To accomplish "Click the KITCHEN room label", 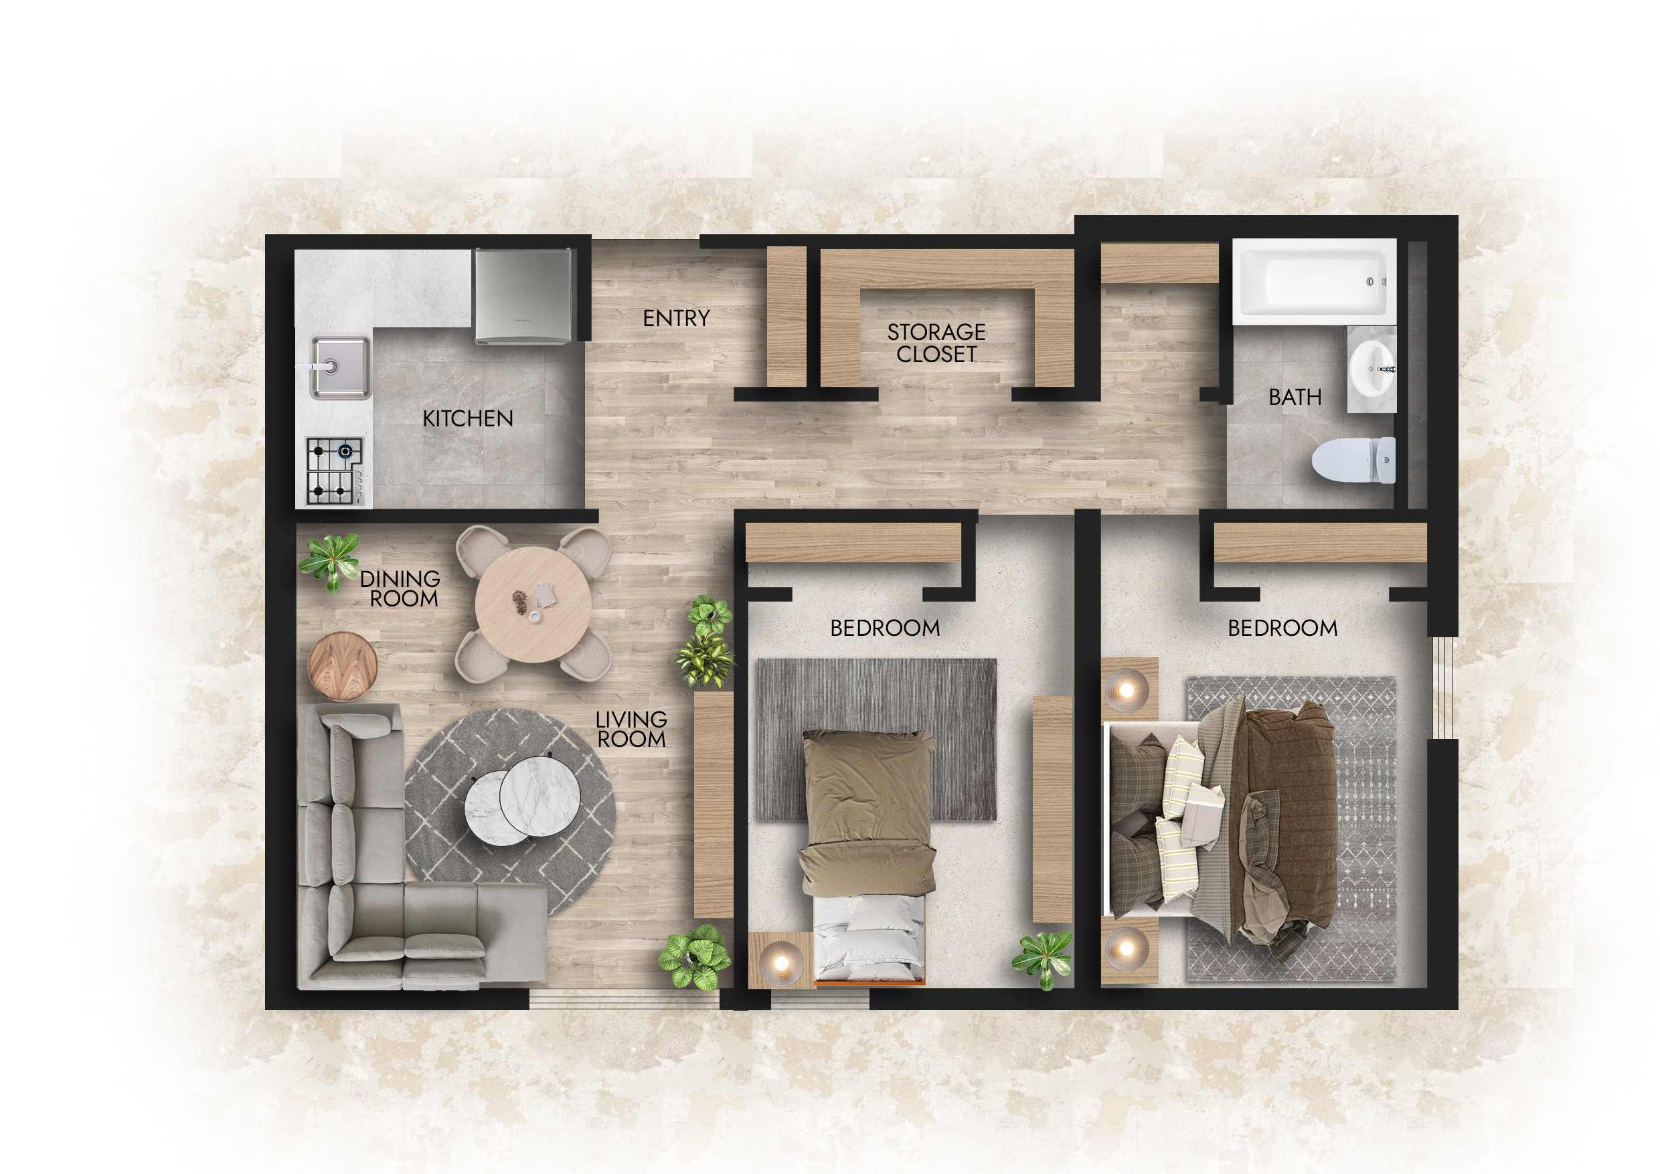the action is (468, 418).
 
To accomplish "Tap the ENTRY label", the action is (676, 318).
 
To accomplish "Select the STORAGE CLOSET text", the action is (936, 343).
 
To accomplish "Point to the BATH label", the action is (1295, 397).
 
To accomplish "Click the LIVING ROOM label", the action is (631, 730).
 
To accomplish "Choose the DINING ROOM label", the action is (400, 588).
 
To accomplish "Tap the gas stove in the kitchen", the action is (335, 471).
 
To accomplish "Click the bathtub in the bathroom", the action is (1314, 280).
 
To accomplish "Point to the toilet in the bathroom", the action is (1353, 460).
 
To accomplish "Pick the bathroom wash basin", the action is (1371, 369).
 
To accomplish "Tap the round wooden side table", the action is (343, 667).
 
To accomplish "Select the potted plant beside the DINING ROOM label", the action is (331, 561).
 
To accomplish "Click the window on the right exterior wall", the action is (1443, 687).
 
